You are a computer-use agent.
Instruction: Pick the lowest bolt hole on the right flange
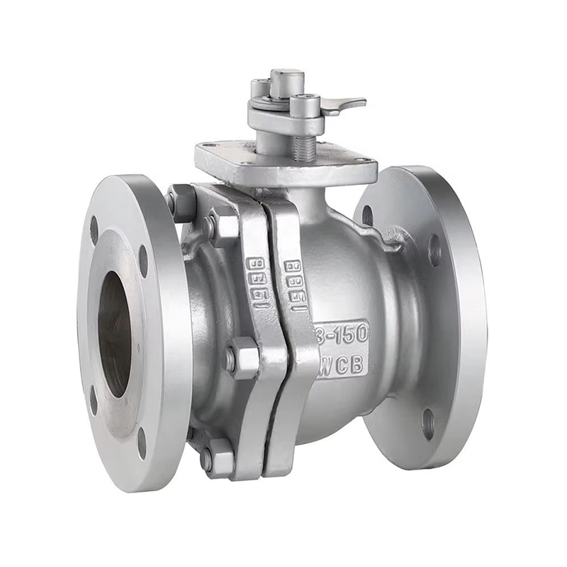(x=428, y=423)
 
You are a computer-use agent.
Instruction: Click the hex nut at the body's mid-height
(x=242, y=358)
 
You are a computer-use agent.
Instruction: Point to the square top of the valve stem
(x=287, y=82)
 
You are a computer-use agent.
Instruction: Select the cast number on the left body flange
(x=257, y=281)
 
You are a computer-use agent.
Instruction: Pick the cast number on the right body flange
(x=296, y=283)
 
